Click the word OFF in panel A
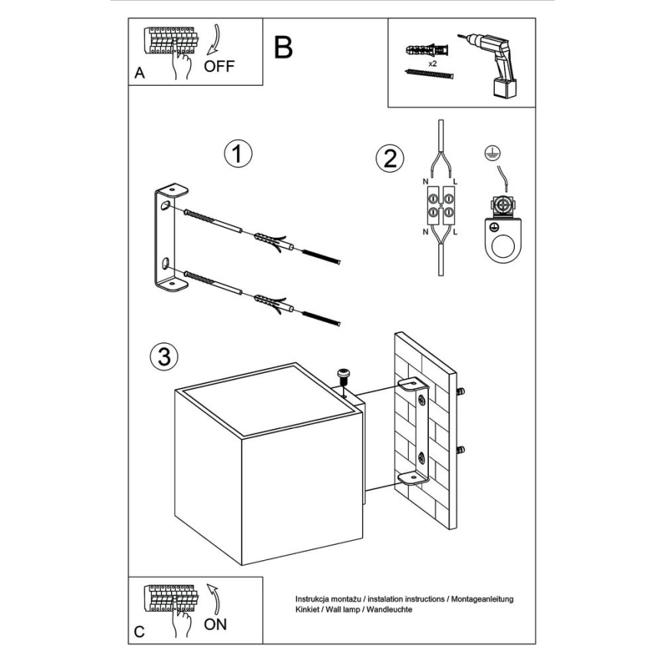coord(219,65)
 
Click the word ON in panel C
coord(216,623)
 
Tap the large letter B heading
coord(282,48)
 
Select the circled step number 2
coord(389,159)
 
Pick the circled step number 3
coord(163,356)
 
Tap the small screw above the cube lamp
coord(342,375)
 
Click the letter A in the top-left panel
coord(139,74)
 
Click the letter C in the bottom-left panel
coord(139,632)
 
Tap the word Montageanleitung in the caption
coord(480,598)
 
